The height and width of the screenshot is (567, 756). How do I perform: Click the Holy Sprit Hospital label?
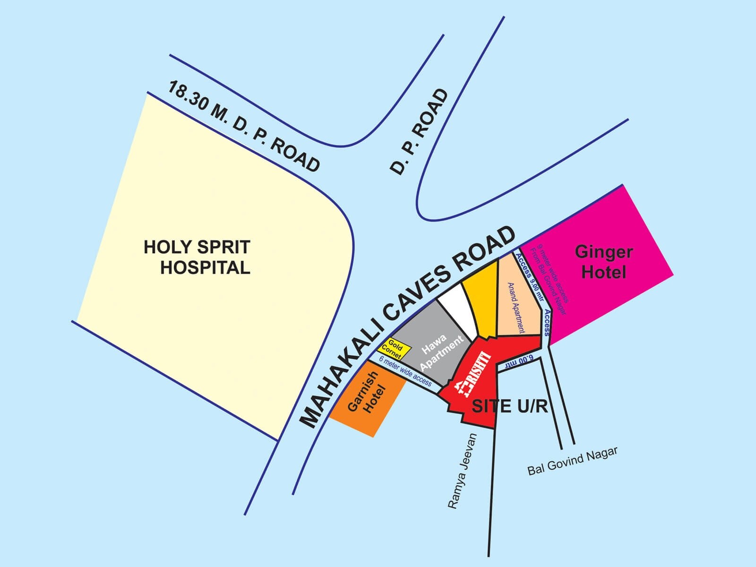198,257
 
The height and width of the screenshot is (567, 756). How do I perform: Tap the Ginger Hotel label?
604,262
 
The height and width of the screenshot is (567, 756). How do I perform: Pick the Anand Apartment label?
516,308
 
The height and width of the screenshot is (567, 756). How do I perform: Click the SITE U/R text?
510,406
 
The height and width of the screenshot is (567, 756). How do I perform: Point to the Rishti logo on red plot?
472,373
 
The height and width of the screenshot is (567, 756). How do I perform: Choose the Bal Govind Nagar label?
572,461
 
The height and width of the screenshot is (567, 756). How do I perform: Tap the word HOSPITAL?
205,268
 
